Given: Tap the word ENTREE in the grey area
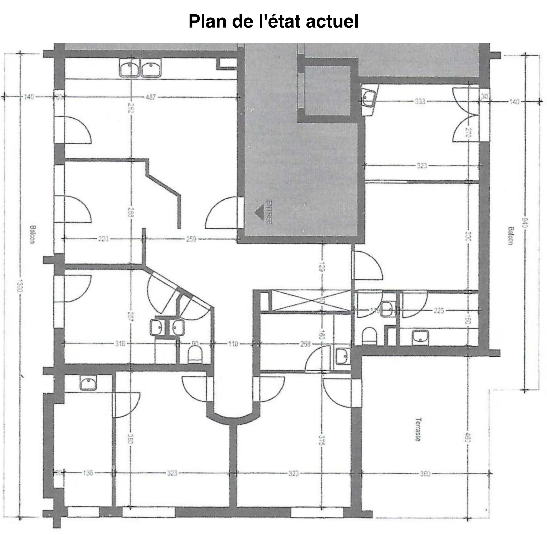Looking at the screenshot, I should pos(269,212).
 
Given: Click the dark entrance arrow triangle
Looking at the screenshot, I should pos(259,212).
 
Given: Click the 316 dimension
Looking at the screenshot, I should pos(120,344).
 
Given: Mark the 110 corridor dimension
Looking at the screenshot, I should pos(233,344).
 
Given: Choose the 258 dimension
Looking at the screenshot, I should pos(305,344).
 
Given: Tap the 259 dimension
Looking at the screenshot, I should pos(191,239).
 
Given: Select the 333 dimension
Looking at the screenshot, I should pos(420,101).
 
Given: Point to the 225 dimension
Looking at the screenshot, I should pos(439,311).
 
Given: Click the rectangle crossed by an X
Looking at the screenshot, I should pos(310,301).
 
